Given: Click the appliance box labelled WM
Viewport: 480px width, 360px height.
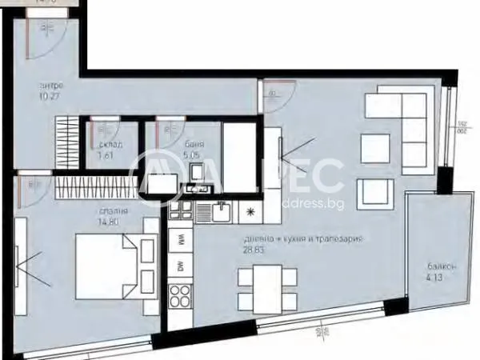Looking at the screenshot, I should pos(181,238).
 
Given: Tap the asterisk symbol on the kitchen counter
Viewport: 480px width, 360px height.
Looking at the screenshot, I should pos(250,213).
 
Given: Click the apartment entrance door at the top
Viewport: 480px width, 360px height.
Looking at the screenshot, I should pos(47,36).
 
